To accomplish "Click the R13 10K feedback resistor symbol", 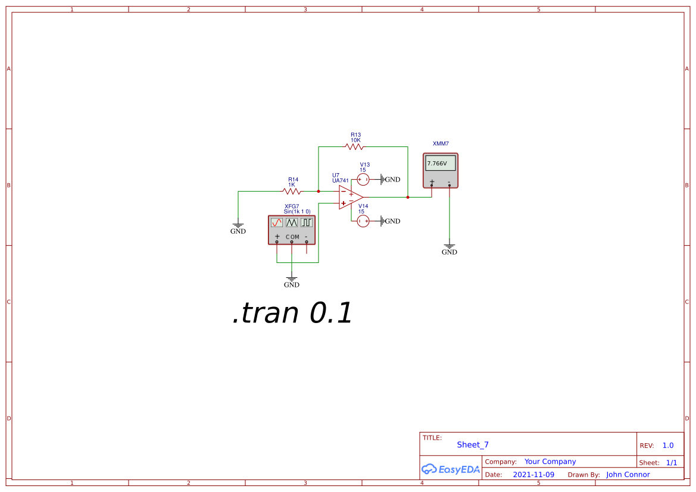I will pyautogui.click(x=354, y=146).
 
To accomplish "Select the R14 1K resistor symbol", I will pyautogui.click(x=292, y=191).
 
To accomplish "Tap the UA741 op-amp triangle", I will pyautogui.click(x=350, y=198).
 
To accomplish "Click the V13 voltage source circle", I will pyautogui.click(x=363, y=179).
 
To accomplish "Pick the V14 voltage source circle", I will pyautogui.click(x=363, y=221).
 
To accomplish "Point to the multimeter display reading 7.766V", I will pyautogui.click(x=441, y=163).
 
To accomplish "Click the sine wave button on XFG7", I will pyautogui.click(x=276, y=223).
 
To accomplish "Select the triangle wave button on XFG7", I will pyautogui.click(x=291, y=223).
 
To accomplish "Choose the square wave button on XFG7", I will pyautogui.click(x=306, y=223).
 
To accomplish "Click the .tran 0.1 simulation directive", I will pyautogui.click(x=292, y=313).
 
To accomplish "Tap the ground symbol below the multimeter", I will pyautogui.click(x=450, y=246).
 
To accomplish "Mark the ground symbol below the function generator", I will pyautogui.click(x=292, y=279).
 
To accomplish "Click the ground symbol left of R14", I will pyautogui.click(x=238, y=226).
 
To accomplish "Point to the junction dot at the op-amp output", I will pyautogui.click(x=408, y=197).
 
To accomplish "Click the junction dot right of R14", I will pyautogui.click(x=319, y=191).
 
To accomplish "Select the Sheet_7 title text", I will pyautogui.click(x=473, y=445).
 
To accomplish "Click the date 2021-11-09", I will pyautogui.click(x=533, y=475).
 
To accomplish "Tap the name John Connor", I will pyautogui.click(x=628, y=475).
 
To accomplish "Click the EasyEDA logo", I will pyautogui.click(x=451, y=469).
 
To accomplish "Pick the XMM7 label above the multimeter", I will pyautogui.click(x=441, y=144).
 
